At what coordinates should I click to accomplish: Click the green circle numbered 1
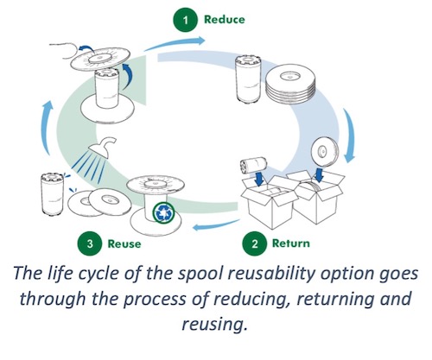pyautogui.click(x=186, y=20)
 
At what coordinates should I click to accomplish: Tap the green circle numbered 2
pyautogui.click(x=255, y=243)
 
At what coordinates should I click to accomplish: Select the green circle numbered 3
pyautogui.click(x=90, y=243)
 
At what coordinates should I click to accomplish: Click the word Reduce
pyautogui.click(x=225, y=20)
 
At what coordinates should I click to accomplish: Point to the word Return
pyautogui.click(x=291, y=243)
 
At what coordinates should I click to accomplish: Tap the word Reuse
pyautogui.click(x=124, y=243)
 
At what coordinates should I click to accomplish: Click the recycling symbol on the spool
pyautogui.click(x=164, y=212)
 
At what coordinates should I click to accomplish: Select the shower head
pyautogui.click(x=103, y=147)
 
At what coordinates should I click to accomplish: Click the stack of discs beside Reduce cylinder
pyautogui.click(x=290, y=85)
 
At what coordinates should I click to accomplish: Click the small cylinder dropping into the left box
pyautogui.click(x=253, y=165)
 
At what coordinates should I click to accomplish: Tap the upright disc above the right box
pyautogui.click(x=325, y=151)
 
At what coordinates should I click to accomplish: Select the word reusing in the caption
pyautogui.click(x=214, y=324)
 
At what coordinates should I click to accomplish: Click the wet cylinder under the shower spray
pyautogui.click(x=52, y=194)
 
